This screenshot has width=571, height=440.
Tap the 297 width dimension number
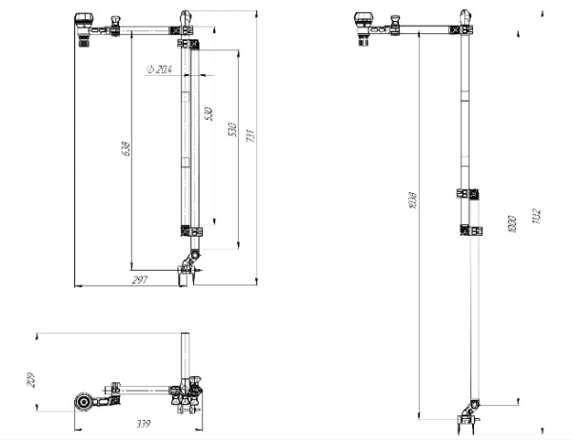coord(140,280)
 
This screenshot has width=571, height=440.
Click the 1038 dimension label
coord(411,201)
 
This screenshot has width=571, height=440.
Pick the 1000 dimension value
coord(511,224)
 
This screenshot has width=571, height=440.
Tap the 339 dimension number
coord(144,423)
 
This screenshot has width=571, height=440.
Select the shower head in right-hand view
coord(365,25)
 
